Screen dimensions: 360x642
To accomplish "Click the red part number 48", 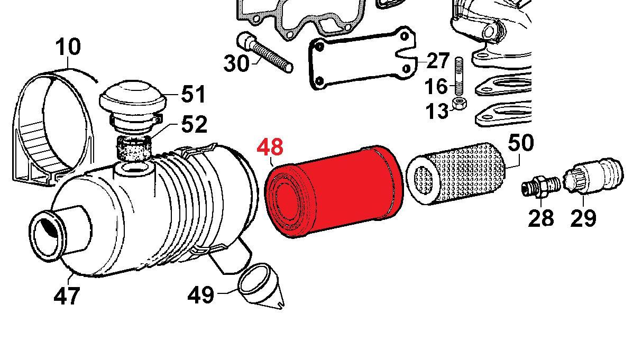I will (x=270, y=147).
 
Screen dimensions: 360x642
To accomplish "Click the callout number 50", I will (x=520, y=143).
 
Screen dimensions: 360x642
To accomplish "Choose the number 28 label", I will (x=540, y=218).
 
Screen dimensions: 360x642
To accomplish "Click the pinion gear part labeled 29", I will (x=594, y=174).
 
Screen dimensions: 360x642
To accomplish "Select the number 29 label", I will (x=583, y=218).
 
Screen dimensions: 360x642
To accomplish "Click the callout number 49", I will (x=201, y=295).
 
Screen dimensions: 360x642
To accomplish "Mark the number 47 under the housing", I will (x=67, y=296).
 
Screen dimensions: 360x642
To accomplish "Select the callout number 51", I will (x=194, y=95).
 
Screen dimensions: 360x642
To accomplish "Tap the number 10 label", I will (x=68, y=47).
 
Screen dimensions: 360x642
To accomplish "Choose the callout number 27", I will (x=438, y=61).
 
